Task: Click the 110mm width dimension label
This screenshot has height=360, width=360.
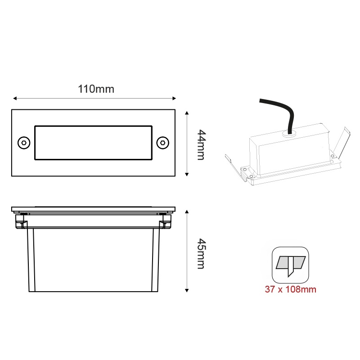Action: [x=96, y=89]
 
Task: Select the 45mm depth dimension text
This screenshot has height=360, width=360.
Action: [x=201, y=254]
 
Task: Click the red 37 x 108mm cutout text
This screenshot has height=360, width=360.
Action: [x=290, y=289]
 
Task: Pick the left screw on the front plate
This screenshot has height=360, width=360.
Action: [x=23, y=142]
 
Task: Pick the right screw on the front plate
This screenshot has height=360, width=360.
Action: [x=162, y=142]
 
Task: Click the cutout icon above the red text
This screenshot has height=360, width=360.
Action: [x=290, y=265]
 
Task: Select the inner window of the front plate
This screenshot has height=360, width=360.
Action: [x=93, y=142]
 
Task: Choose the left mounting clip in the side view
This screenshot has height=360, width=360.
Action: [x=20, y=220]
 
